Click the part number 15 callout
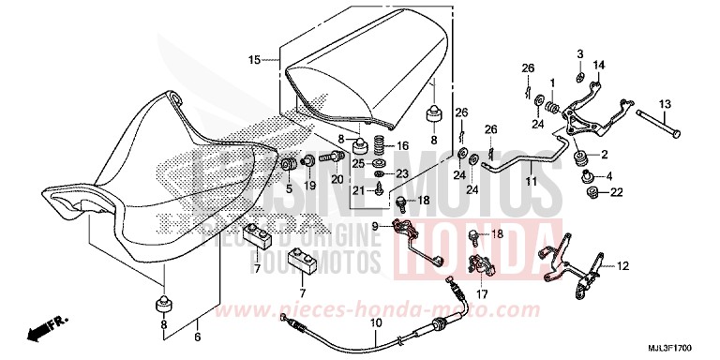click(x=254, y=60)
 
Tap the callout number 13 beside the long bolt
click(x=664, y=103)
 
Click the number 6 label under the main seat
click(x=197, y=336)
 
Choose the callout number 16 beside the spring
click(x=403, y=146)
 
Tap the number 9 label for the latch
click(x=376, y=226)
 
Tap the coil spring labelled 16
click(x=381, y=147)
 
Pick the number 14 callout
click(x=600, y=64)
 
